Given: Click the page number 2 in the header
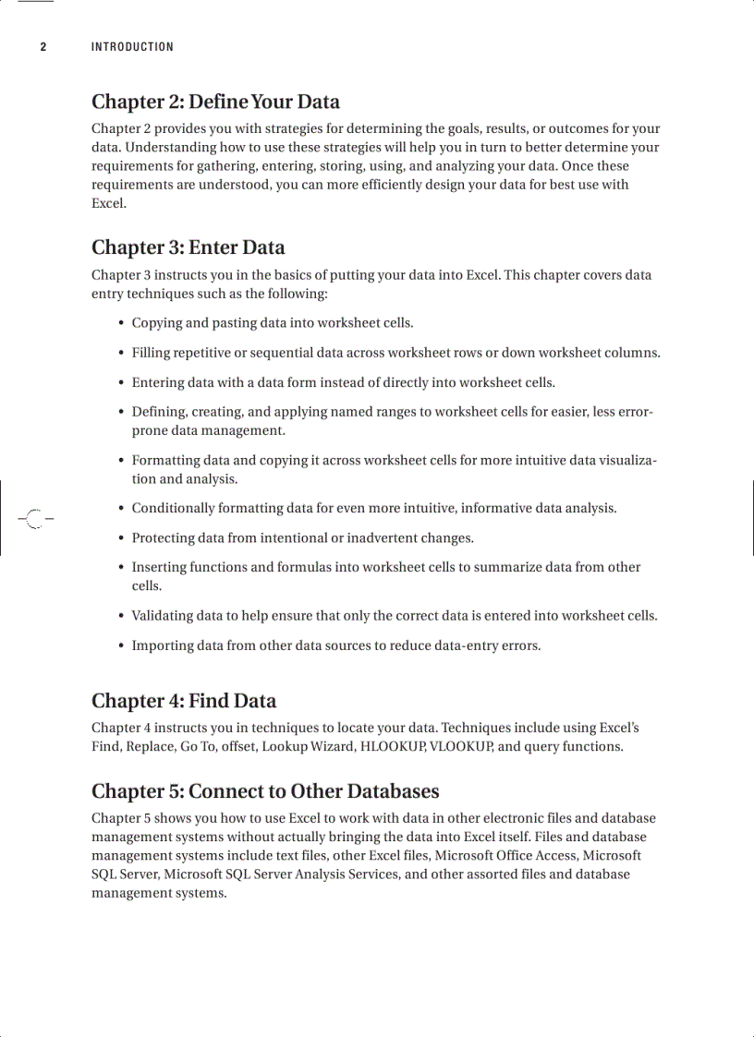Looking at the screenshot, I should click(x=43, y=47).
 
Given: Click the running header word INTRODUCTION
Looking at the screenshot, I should click(x=132, y=47).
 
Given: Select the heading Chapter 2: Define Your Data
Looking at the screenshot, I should click(x=215, y=102).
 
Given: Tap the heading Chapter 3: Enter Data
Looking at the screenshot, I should click(x=188, y=247).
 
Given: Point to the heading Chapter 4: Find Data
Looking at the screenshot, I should click(x=184, y=701).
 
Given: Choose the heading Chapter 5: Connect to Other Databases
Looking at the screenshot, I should click(x=265, y=791).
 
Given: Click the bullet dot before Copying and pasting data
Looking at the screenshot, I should click(x=122, y=324).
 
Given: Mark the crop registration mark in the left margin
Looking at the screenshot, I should click(x=34, y=519).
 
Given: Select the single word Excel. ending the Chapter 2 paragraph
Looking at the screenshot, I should click(x=109, y=203).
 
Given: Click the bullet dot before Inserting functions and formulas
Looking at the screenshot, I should click(x=122, y=568).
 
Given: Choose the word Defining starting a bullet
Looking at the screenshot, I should click(x=158, y=412).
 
